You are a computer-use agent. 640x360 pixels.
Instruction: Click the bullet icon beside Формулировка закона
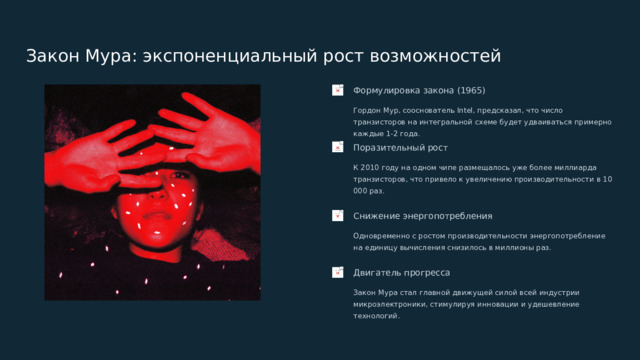coord(339,90)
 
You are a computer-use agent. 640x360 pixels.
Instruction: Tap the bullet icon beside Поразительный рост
coord(339,148)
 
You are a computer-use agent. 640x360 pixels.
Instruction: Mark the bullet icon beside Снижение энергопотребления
coord(339,216)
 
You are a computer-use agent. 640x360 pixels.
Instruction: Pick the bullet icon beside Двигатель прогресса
coord(339,272)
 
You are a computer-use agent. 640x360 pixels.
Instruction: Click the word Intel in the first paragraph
coord(468,110)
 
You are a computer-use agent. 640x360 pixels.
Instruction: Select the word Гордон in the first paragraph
coord(367,110)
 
